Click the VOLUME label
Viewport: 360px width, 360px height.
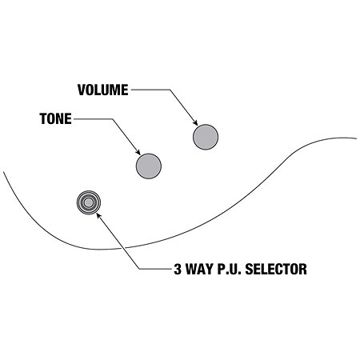click(x=102, y=90)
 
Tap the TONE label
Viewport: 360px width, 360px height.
click(x=56, y=118)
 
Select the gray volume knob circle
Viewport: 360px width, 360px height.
click(x=206, y=137)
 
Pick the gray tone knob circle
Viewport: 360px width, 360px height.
click(x=149, y=166)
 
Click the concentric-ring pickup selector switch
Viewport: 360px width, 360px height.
click(x=89, y=202)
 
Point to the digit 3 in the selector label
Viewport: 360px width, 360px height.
click(x=178, y=269)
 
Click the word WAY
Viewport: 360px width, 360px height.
click(x=199, y=269)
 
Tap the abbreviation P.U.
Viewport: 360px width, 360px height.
click(x=229, y=269)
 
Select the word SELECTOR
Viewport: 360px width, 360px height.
click(x=276, y=269)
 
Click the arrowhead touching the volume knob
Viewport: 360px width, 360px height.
click(x=195, y=122)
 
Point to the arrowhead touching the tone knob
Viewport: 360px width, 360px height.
click(x=138, y=152)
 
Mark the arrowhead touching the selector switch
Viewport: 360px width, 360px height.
click(x=98, y=215)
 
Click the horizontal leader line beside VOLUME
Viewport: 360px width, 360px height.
click(x=150, y=90)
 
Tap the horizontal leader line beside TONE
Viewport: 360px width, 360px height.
click(x=93, y=119)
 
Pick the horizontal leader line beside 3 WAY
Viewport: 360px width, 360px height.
click(x=156, y=269)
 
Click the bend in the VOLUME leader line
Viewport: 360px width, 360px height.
click(x=170, y=90)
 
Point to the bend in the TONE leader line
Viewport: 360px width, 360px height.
click(x=112, y=119)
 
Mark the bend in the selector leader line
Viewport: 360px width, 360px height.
click(x=139, y=269)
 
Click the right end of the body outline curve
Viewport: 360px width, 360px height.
click(x=356, y=138)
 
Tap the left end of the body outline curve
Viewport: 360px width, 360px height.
click(x=3, y=172)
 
